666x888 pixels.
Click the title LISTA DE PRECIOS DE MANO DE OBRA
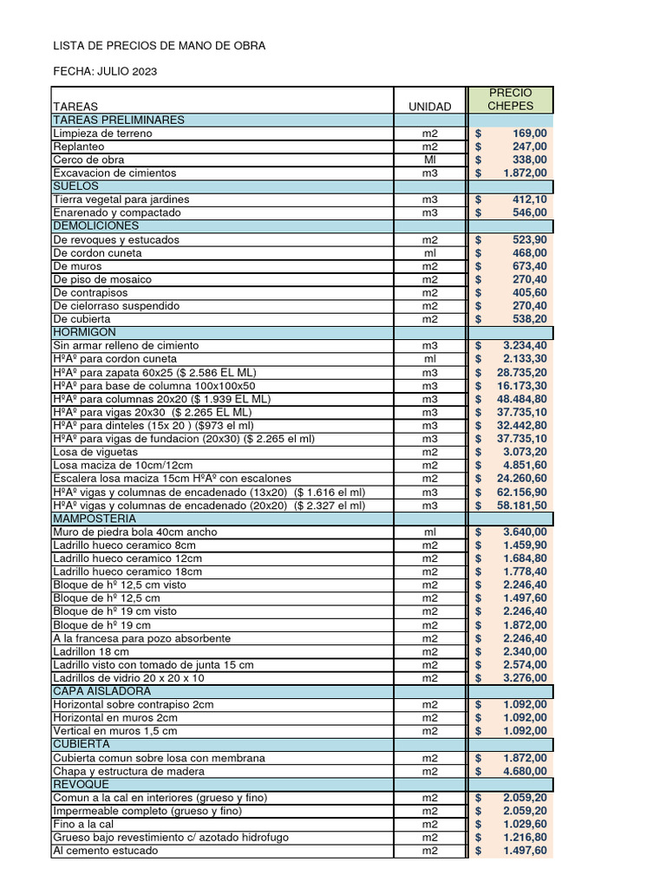coord(160,45)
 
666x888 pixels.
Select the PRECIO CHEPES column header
coord(510,99)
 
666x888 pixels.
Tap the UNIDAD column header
coord(430,107)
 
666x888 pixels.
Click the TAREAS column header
coord(75,107)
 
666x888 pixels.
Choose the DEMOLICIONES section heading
coord(95,225)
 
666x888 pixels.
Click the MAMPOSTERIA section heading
coord(95,518)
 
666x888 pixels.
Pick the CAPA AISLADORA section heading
coord(102,691)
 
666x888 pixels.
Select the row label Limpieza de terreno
coord(102,134)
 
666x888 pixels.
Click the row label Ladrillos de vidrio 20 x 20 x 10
coord(129,678)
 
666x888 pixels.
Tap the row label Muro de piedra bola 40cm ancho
coord(135,532)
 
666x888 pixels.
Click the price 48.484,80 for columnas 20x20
coord(522,399)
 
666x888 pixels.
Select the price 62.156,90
coord(522,492)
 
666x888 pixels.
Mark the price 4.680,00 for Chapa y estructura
coord(526,771)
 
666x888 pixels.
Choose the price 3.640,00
coord(526,532)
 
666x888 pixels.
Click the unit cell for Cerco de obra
coord(430,160)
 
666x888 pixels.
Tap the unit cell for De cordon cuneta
coord(430,253)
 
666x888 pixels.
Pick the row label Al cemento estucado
coord(106,851)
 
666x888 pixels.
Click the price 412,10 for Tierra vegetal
coord(529,199)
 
